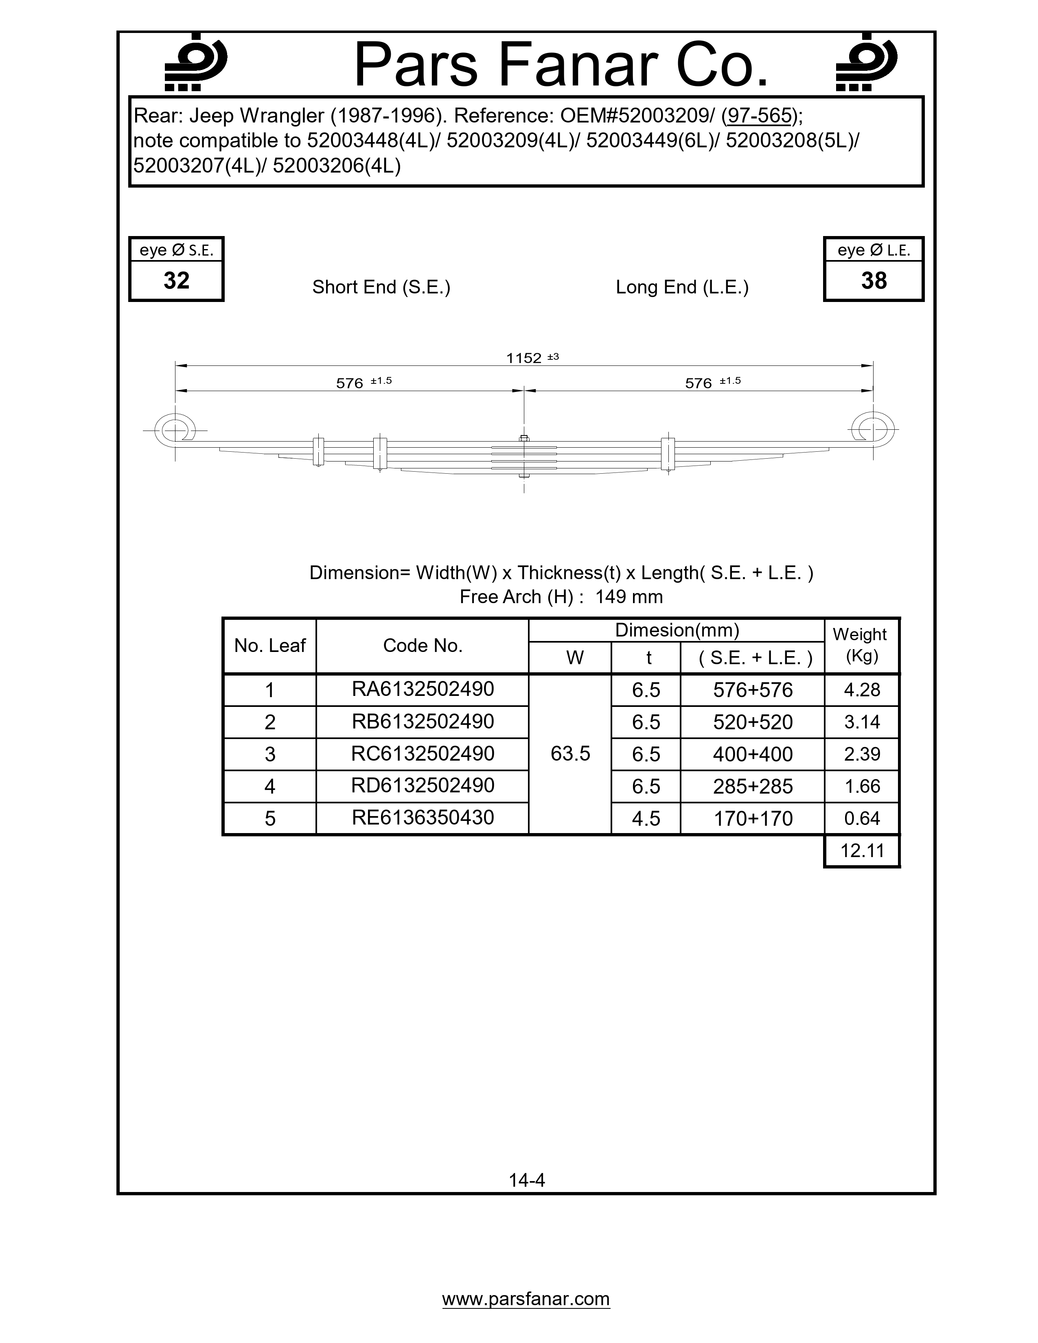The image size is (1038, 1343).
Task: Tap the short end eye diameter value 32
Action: [177, 280]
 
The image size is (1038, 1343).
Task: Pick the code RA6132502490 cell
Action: [423, 689]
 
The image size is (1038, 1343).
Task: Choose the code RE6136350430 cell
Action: [423, 818]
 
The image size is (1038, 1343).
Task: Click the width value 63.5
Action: [570, 754]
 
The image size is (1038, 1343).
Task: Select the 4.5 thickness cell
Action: [646, 818]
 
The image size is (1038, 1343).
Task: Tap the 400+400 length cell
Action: [753, 754]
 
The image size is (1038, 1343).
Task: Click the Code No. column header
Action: [423, 646]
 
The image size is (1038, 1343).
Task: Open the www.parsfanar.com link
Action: [526, 1299]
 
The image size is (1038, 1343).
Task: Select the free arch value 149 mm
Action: [629, 597]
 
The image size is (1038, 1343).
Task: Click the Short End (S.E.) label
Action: [381, 287]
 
